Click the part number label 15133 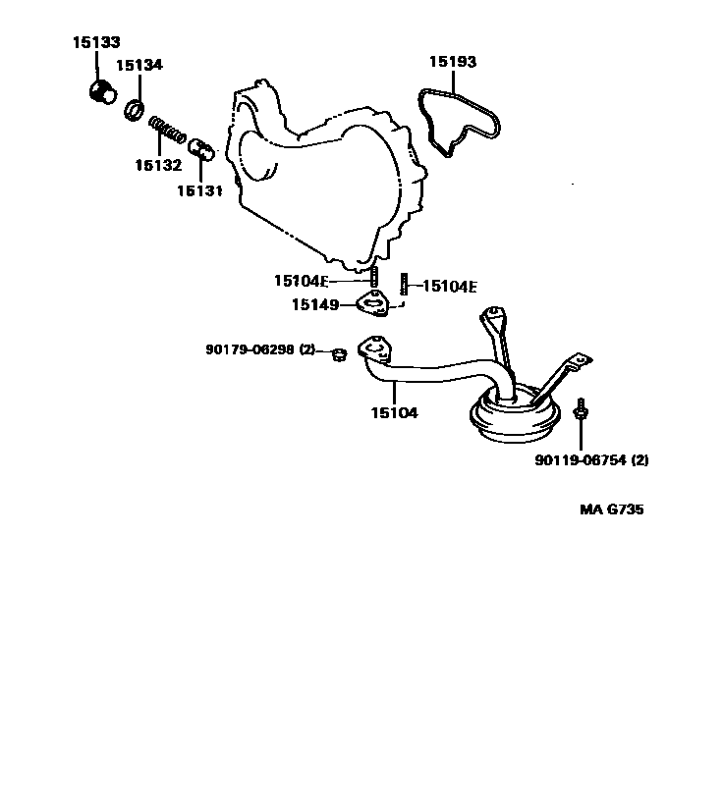pyautogui.click(x=95, y=43)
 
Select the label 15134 pyautogui.click(x=139, y=66)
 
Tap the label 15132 pyautogui.click(x=158, y=165)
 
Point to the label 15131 pyautogui.click(x=200, y=191)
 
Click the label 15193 pyautogui.click(x=452, y=62)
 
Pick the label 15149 pyautogui.click(x=314, y=305)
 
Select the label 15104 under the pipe pyautogui.click(x=394, y=413)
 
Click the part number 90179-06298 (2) pyautogui.click(x=260, y=349)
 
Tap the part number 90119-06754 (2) pyautogui.click(x=591, y=459)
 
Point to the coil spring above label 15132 pyautogui.click(x=168, y=130)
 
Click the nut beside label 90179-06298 pyautogui.click(x=337, y=353)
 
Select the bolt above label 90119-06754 pyautogui.click(x=582, y=410)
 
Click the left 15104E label pyautogui.click(x=302, y=281)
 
